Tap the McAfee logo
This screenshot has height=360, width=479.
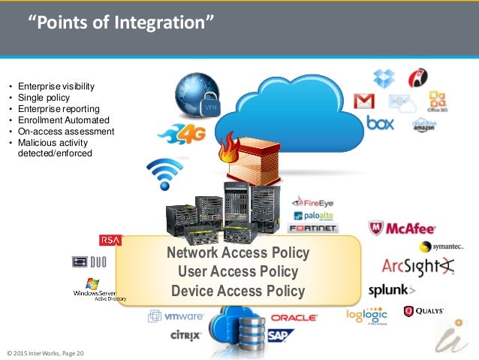pyautogui.click(x=402, y=228)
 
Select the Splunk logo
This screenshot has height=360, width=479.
pyautogui.click(x=391, y=290)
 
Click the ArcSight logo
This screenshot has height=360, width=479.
pyautogui.click(x=417, y=266)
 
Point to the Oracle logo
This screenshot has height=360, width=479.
pyautogui.click(x=294, y=318)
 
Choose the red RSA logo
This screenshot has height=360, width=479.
pyautogui.click(x=110, y=240)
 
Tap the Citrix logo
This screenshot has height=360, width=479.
pyautogui.click(x=185, y=334)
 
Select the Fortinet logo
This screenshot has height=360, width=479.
pyautogui.click(x=313, y=228)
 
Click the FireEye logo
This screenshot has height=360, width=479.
pyautogui.click(x=314, y=201)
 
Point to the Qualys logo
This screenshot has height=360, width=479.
pyautogui.click(x=423, y=310)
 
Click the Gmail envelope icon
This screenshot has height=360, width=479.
pyautogui.click(x=364, y=101)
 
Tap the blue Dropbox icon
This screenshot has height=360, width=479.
pyautogui.click(x=384, y=77)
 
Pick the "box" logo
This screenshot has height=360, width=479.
pyautogui.click(x=380, y=122)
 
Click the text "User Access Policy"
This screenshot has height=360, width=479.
pyautogui.click(x=238, y=271)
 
